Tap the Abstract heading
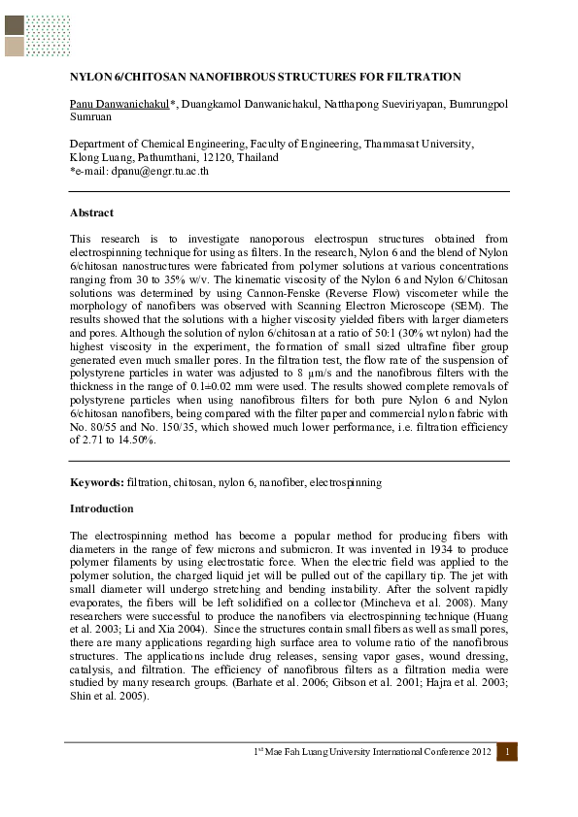pos(91,212)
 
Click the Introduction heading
pos(102,508)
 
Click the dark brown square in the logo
pos(14,25)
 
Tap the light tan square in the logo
pos(14,47)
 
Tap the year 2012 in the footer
pos(475,753)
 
